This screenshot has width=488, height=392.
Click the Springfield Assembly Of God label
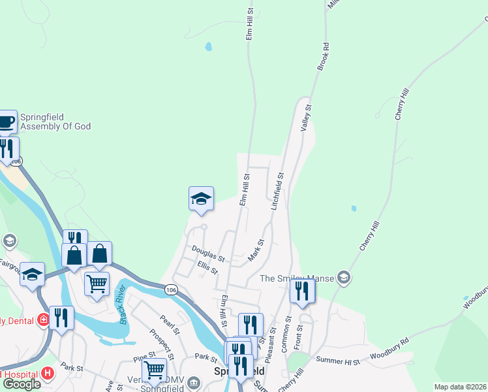[x=55, y=122]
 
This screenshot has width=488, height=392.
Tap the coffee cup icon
[x=7, y=122]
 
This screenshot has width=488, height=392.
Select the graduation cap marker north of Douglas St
[x=201, y=199]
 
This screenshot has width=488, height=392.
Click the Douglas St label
[x=207, y=253]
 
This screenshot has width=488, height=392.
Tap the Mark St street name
[x=256, y=251]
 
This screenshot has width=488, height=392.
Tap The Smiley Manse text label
[x=296, y=279]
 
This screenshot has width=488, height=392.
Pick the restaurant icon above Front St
[x=302, y=291]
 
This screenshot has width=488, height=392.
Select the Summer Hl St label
[x=337, y=360]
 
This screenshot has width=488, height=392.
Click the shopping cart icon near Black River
[x=97, y=284]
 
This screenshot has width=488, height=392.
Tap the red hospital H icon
[x=47, y=373]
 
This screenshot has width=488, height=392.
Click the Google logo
[x=21, y=384]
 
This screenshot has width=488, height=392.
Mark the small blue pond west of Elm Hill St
[x=208, y=47]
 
